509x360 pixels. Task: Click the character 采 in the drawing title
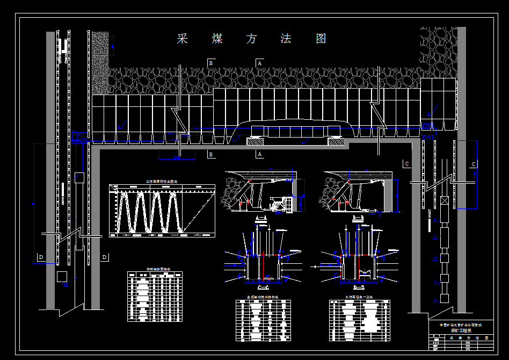pos(183,39)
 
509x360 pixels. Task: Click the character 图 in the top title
pos(321,39)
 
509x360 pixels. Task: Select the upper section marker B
pos(212,63)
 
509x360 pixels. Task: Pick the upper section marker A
pos(260,63)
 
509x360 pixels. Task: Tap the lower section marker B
pos(212,155)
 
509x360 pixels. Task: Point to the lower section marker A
pos(260,155)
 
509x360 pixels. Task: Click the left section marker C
pos(406,163)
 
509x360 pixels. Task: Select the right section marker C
pos(474,164)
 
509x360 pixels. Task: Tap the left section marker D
pos(41,257)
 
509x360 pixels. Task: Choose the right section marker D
pos(104,257)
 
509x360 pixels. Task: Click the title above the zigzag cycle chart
pos(161,182)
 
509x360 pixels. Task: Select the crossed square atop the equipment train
pos(444,201)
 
